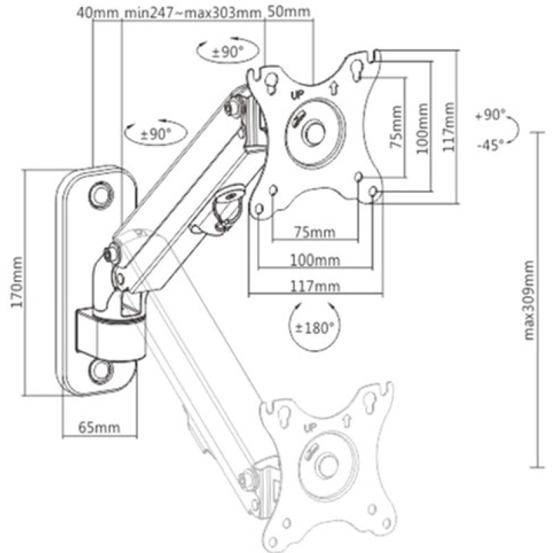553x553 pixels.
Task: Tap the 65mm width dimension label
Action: point(98,427)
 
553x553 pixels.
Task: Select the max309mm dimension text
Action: point(529,301)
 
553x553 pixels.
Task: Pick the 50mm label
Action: point(288,12)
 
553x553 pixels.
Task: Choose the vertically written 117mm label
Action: point(450,127)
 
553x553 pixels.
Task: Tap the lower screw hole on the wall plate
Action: point(102,370)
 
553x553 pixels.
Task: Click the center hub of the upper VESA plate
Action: point(315,132)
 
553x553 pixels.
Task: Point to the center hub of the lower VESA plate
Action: point(326,465)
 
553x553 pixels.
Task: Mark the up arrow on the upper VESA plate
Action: point(333,86)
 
